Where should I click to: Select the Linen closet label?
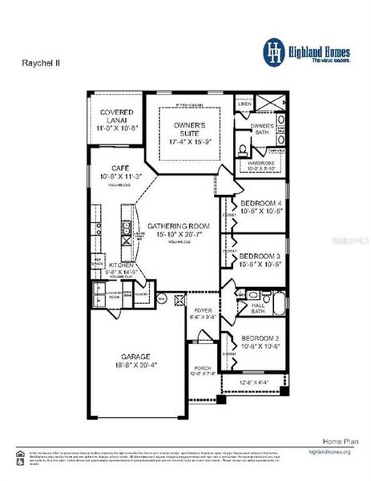click(244, 104)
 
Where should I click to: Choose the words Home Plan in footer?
click(336, 441)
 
